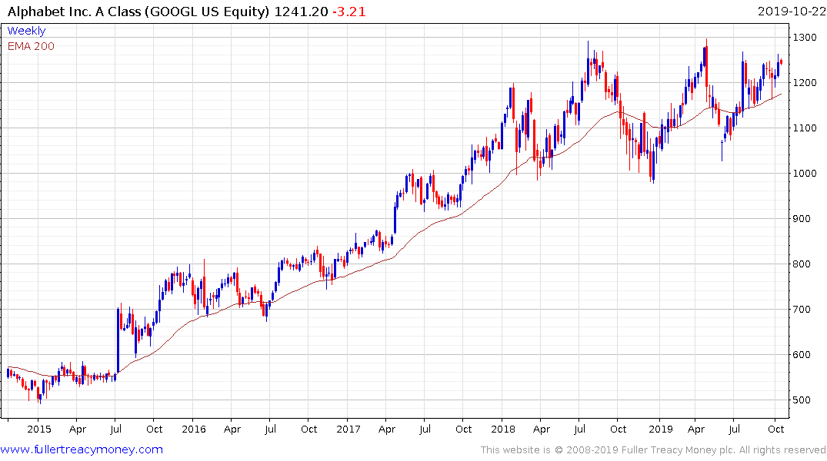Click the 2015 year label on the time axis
coord(38,429)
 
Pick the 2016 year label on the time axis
coord(193,429)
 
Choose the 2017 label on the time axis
coord(348,429)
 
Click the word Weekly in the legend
coord(26,31)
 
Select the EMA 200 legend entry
coord(31,46)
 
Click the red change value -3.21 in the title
coord(348,11)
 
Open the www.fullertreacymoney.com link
coord(82,449)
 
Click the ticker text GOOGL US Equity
coord(209,11)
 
